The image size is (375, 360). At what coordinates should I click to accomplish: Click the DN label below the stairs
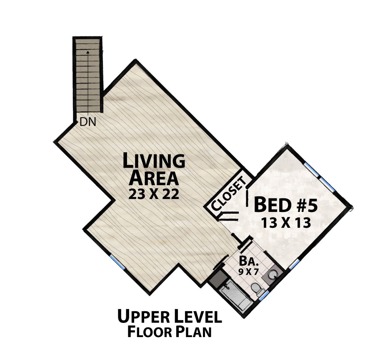[87, 122]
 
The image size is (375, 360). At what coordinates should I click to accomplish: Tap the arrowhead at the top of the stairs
[88, 51]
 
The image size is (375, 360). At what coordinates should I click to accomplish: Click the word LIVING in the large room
[154, 161]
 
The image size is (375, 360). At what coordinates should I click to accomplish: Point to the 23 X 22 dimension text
[154, 194]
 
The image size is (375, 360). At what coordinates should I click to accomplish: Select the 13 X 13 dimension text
[286, 223]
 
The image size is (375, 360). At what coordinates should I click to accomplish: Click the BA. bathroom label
[249, 261]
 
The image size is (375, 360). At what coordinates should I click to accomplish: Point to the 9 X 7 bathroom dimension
[249, 272]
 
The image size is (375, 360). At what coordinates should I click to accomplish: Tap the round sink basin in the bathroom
[272, 274]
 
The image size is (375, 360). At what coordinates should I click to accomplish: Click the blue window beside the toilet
[264, 296]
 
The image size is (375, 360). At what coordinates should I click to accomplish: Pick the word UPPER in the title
[142, 316]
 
